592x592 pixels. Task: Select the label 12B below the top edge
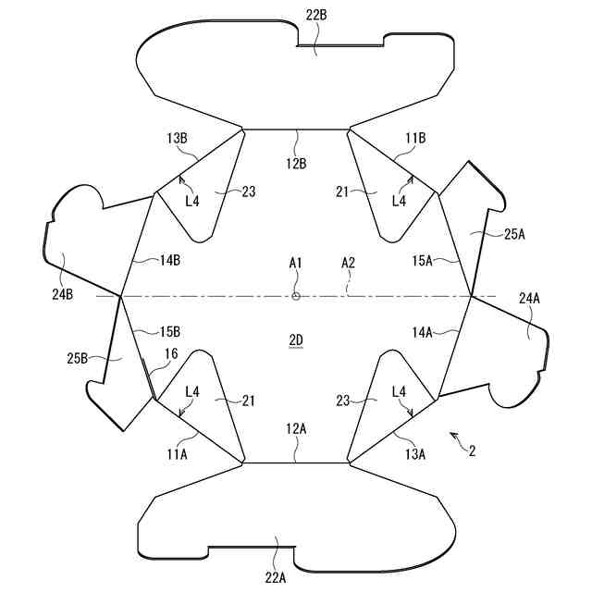tap(296, 163)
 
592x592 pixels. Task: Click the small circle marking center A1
tap(296, 296)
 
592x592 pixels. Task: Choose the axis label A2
tap(349, 263)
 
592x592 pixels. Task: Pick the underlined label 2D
tap(296, 339)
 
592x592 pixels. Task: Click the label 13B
tap(178, 139)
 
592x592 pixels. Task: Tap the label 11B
tap(414, 139)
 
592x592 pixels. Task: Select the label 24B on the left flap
tap(63, 294)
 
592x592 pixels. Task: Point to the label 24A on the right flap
tap(530, 298)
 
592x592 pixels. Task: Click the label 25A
tap(515, 235)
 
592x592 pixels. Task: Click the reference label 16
tap(171, 354)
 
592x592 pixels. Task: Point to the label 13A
tap(414, 453)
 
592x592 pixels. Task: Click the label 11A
tap(178, 453)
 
